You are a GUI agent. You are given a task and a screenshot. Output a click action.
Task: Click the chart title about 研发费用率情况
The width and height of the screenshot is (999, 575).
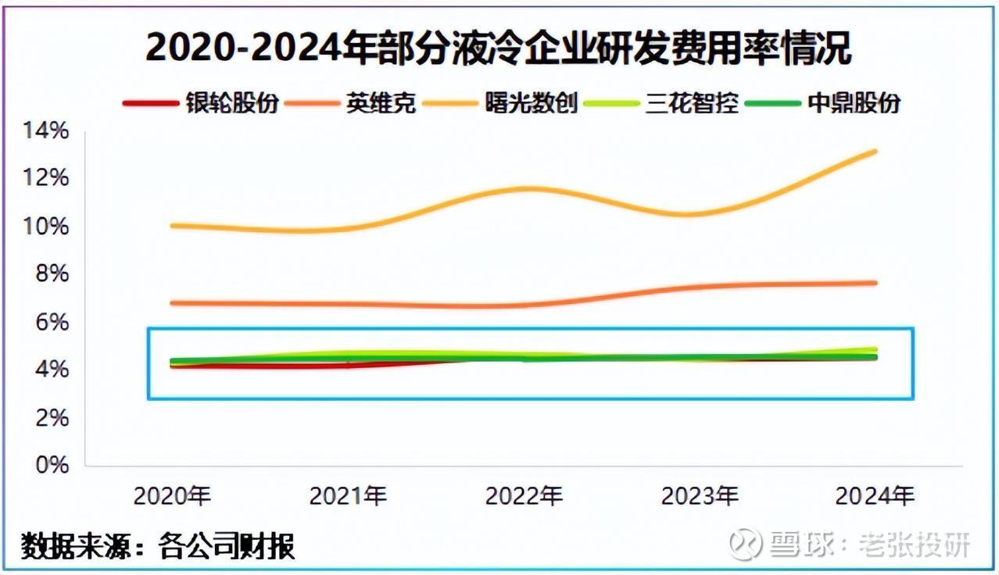click(498, 48)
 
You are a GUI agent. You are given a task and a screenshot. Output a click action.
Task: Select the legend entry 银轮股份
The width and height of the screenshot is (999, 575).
click(232, 103)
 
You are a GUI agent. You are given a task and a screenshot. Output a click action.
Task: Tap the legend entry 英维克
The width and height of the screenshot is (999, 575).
click(381, 103)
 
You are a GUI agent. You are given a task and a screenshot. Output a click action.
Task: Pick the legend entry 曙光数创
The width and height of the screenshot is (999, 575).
click(531, 103)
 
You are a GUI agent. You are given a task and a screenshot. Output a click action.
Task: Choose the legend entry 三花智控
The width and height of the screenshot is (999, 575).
click(691, 103)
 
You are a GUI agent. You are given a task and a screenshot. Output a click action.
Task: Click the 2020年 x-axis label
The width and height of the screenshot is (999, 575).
click(172, 495)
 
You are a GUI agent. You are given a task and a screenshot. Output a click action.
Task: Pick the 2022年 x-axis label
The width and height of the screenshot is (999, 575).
click(524, 495)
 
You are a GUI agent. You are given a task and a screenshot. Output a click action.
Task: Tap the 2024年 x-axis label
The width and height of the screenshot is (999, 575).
click(875, 495)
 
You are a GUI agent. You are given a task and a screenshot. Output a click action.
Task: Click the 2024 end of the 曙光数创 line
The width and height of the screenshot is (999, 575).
click(875, 151)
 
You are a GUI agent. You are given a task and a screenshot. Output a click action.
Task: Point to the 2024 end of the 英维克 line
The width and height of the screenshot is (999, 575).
click(875, 283)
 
